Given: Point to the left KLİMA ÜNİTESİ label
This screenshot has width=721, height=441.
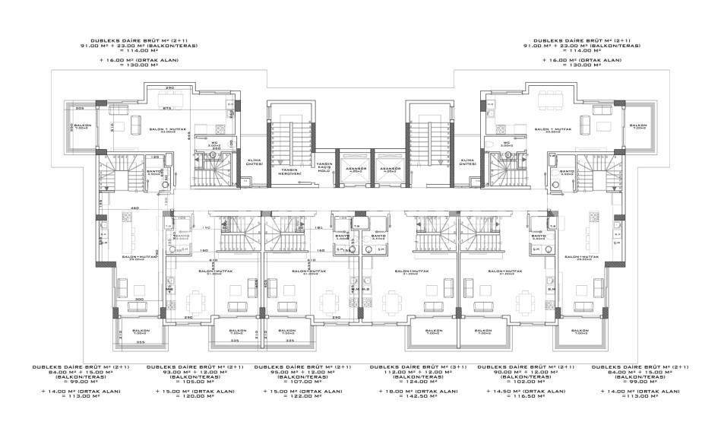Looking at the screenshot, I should [254, 162].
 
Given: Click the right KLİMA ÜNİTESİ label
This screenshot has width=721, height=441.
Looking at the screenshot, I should [468, 162].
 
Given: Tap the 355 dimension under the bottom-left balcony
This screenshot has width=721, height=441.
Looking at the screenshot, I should [141, 342].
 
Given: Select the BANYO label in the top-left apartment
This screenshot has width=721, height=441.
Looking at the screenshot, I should [152, 172].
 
